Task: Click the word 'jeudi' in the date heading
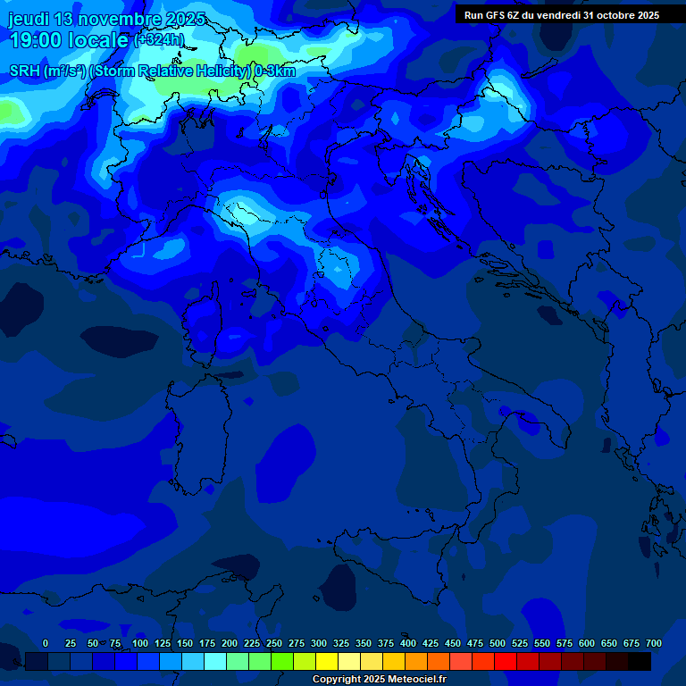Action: [x=30, y=19]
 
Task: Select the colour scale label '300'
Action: [x=319, y=643]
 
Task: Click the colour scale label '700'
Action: [x=654, y=643]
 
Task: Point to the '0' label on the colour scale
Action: [x=46, y=643]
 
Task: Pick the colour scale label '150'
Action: [x=185, y=643]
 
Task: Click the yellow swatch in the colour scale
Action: [x=327, y=662]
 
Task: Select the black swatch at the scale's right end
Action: [x=640, y=662]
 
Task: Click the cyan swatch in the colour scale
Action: [x=215, y=662]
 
